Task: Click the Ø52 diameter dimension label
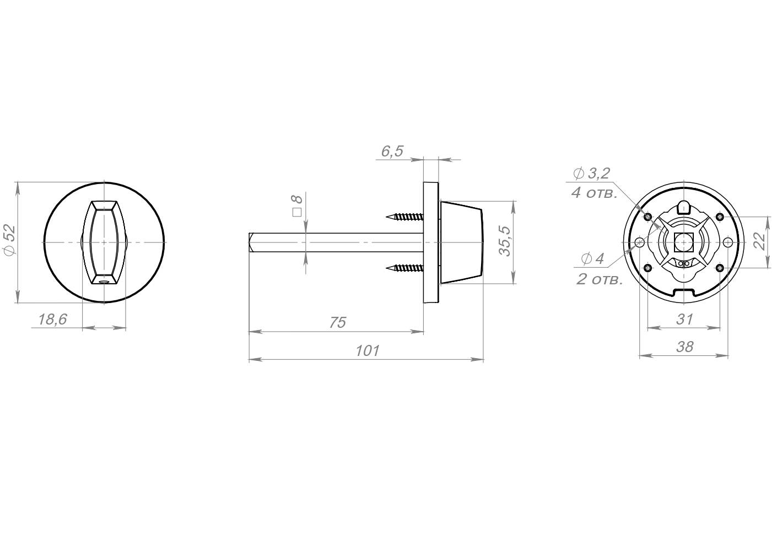click(10, 240)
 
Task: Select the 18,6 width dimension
click(52, 320)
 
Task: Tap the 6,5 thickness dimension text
click(392, 151)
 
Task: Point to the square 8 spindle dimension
click(297, 206)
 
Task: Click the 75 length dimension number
click(337, 323)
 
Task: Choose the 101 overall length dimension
click(368, 351)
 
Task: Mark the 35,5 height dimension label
click(505, 241)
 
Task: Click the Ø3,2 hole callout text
click(591, 174)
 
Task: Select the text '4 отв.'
click(595, 193)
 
